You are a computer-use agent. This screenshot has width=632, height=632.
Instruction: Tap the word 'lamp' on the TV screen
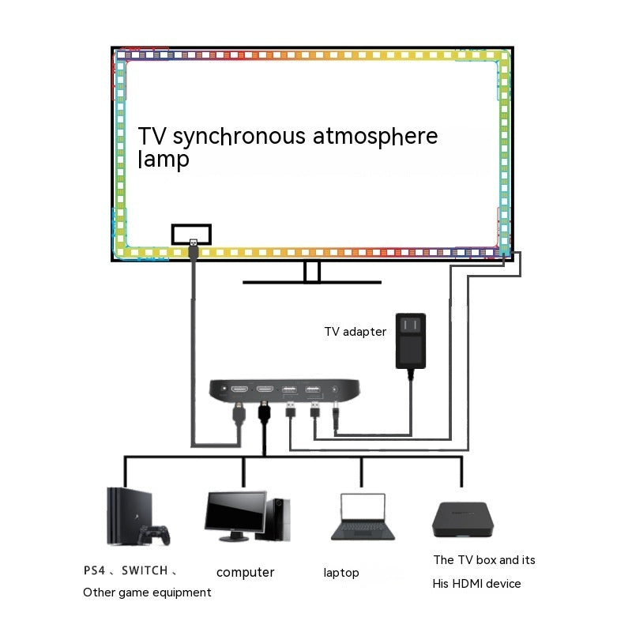164,160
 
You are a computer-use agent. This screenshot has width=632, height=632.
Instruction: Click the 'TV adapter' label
355,332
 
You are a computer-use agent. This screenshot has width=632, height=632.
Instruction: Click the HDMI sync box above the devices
285,390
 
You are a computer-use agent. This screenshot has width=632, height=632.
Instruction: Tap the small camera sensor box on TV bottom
191,234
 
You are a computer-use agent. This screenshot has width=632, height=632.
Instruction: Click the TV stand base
312,280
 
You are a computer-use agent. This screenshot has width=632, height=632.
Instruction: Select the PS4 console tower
121,516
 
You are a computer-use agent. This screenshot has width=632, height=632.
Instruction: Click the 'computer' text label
246,573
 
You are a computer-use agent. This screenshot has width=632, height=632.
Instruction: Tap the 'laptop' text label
341,573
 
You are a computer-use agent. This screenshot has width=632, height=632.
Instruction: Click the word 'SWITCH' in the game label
145,570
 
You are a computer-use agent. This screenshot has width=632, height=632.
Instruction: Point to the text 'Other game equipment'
147,592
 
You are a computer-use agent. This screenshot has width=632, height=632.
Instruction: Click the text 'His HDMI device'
476,584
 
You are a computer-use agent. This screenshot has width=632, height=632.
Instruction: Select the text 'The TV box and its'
484,560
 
